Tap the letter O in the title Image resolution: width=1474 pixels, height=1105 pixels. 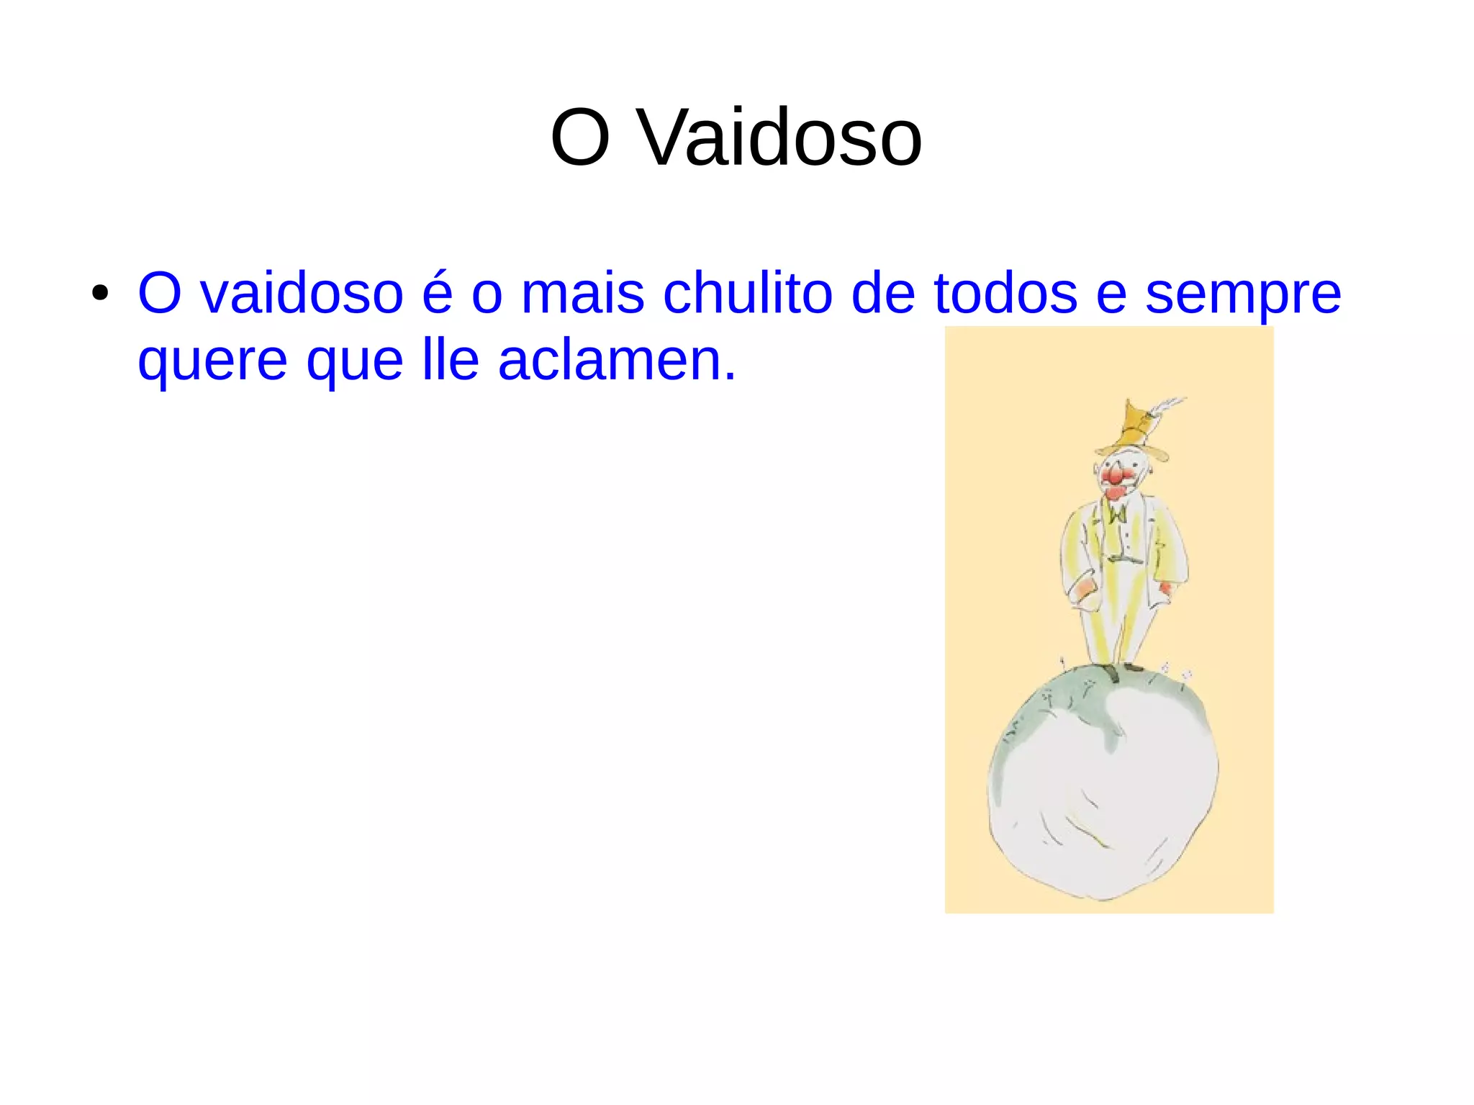tap(580, 137)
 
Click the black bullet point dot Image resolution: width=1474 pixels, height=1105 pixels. tap(100, 293)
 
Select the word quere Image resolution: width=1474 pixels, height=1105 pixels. tap(213, 362)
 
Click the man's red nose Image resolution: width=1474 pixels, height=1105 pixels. tap(1115, 476)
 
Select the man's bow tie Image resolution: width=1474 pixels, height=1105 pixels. tap(1117, 514)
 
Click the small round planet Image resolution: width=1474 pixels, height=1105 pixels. tap(1105, 792)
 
